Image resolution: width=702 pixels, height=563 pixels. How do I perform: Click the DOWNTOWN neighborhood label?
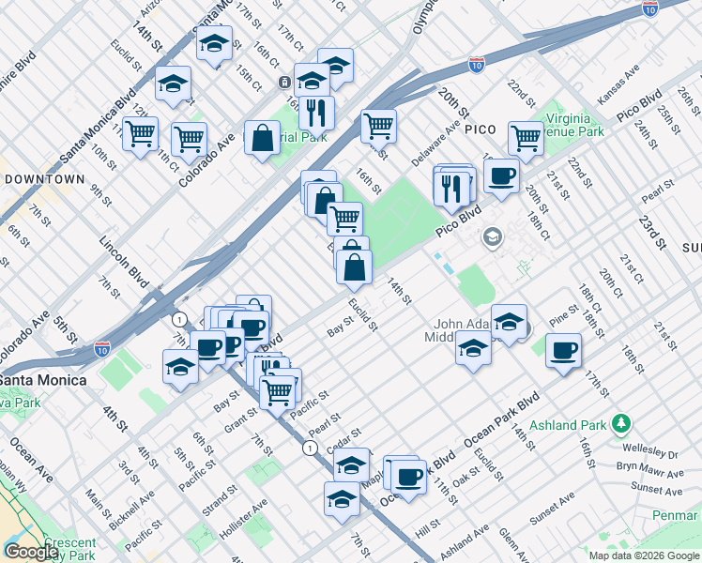[45, 178]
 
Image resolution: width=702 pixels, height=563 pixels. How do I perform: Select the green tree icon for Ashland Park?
[620, 425]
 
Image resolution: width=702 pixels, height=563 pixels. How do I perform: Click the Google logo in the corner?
[31, 552]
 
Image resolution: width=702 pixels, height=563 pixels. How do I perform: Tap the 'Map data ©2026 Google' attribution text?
[644, 555]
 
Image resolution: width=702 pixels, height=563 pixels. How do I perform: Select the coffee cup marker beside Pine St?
[563, 351]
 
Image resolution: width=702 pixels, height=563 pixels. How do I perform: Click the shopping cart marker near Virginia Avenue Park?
[526, 137]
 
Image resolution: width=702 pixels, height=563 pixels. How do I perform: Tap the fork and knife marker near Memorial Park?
[316, 113]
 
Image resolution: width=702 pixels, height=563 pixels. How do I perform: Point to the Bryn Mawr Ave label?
[647, 465]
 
